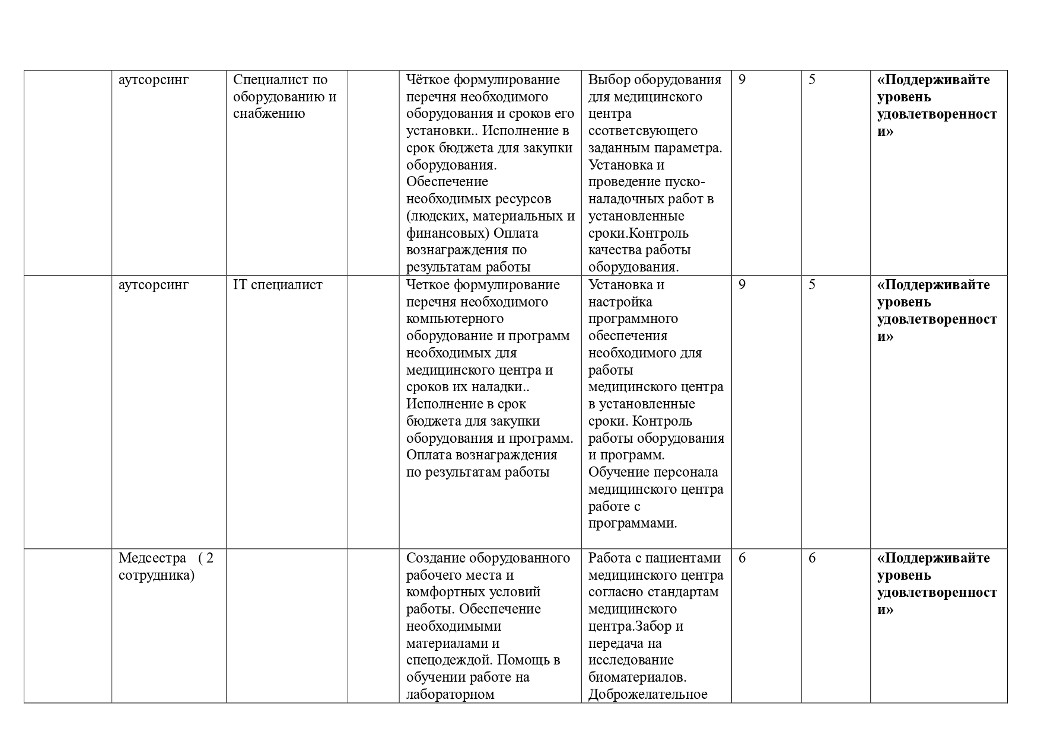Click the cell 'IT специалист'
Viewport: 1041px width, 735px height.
coord(278,285)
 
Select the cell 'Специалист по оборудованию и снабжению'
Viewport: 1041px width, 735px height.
coord(285,97)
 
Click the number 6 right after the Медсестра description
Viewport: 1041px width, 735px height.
coord(742,558)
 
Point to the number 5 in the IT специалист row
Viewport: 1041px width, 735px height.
coord(812,285)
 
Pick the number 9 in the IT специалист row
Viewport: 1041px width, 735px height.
coord(742,285)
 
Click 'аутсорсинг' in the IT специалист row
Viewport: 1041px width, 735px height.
coord(154,285)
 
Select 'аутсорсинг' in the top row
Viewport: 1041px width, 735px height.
coord(154,80)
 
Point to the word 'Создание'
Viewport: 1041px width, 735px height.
coord(436,558)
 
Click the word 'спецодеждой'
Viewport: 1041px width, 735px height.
coord(449,660)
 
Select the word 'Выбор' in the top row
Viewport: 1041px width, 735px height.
coord(610,80)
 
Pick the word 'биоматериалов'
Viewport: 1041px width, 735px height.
coord(637,678)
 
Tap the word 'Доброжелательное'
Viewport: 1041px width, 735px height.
coord(648,695)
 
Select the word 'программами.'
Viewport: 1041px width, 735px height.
coord(633,524)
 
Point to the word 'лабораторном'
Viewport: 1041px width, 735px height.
coord(450,695)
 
